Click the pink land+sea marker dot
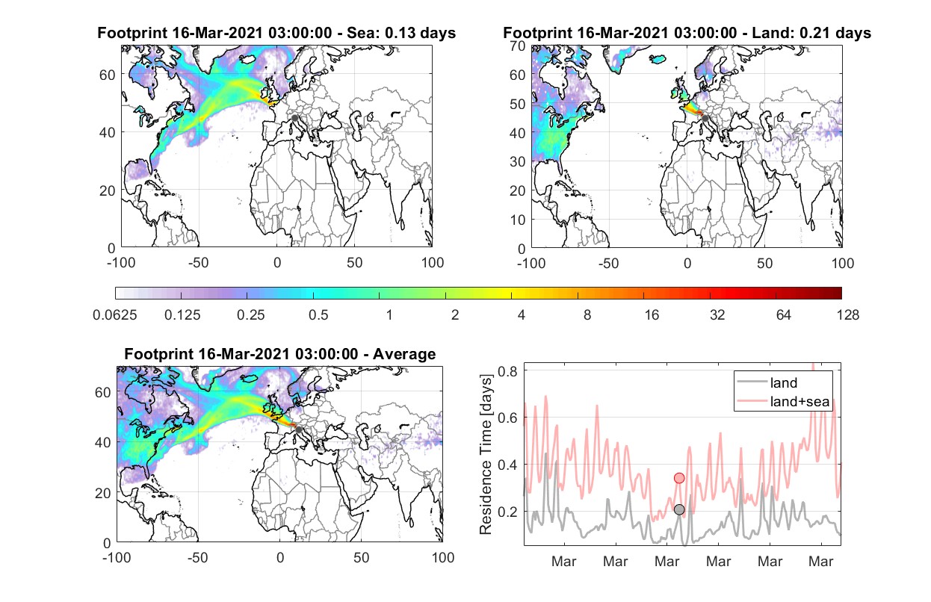679,478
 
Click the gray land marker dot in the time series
679,510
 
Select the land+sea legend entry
784,401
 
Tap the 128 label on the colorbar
847,315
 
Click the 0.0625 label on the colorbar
115,315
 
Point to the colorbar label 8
587,315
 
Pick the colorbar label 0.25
250,315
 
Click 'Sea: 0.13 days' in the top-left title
401,33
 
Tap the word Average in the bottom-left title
404,354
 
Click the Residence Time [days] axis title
486,454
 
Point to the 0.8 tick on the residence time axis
507,371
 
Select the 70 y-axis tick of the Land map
518,46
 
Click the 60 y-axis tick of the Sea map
108,75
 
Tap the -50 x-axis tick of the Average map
198,557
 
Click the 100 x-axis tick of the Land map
843,263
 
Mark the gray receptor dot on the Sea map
294,118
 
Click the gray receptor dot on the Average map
298,429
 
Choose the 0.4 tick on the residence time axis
507,465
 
